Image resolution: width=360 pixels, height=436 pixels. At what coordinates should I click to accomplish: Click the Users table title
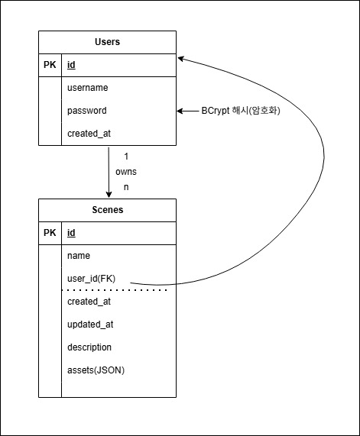coord(107,42)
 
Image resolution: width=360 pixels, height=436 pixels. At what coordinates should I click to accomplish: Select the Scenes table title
coord(107,210)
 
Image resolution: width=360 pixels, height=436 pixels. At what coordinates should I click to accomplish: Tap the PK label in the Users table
coord(50,65)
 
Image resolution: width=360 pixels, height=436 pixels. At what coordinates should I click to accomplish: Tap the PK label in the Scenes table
coord(50,233)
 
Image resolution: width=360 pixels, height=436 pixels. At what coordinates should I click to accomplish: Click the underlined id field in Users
coord(71,65)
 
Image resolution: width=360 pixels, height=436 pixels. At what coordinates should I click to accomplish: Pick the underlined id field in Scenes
coord(71,233)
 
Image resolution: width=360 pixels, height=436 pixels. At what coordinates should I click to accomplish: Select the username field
coord(87,88)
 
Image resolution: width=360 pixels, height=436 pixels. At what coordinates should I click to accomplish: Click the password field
coord(86,111)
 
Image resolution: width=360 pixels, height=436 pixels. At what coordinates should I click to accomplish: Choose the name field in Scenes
coord(79,256)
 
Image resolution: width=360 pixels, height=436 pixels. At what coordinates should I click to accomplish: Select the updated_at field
coord(90,325)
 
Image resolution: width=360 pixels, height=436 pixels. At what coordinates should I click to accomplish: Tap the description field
coord(89,347)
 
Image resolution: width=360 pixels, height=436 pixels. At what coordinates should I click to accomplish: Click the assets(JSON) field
coord(96,370)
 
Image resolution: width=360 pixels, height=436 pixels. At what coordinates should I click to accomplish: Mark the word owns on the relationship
coord(126,172)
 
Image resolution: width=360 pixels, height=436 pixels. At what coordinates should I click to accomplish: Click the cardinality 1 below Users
coord(126,157)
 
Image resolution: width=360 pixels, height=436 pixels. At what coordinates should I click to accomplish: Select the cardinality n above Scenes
coord(126,187)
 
